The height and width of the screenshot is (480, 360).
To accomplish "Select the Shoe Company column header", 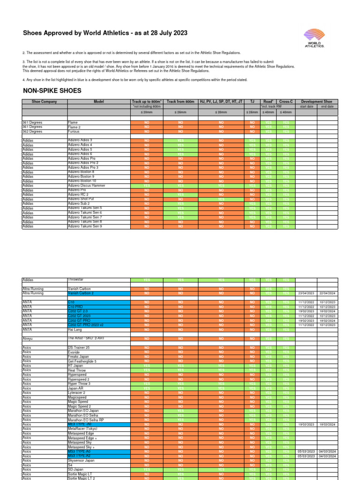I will point(45,101).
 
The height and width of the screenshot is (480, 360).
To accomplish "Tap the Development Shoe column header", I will point(316,101).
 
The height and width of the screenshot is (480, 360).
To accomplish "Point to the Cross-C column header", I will point(286,101).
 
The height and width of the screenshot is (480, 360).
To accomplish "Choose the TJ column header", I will point(252,101).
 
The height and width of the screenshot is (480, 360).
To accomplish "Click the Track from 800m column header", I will point(180,101).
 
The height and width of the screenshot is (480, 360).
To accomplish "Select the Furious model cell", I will point(75,131).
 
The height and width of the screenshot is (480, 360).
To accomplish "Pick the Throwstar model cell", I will point(77,279).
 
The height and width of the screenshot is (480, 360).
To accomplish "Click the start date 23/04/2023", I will point(306,293).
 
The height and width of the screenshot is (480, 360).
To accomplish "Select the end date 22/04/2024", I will point(328,293).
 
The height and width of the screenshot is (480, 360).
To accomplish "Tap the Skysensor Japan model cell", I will point(82,460).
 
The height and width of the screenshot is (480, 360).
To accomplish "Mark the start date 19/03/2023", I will point(306,424).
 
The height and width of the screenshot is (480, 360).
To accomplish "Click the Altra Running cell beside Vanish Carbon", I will point(33,289).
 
